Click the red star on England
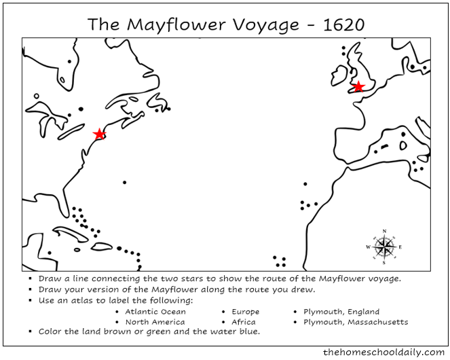pos(358,86)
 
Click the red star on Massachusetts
pos(99,134)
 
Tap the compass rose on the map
pos(385,247)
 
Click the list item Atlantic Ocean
pos(155,312)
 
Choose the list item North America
pos(155,322)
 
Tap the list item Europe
pos(245,312)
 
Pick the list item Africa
pos(244,322)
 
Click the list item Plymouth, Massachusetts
pos(356,322)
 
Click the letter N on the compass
pos(385,231)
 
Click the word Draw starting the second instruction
pos(50,289)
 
